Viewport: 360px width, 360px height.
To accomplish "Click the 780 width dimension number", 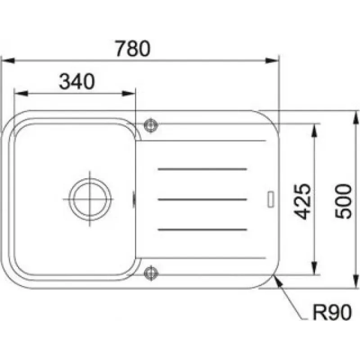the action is [x=133, y=49].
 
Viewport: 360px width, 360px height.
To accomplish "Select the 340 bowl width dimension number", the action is [x=76, y=81].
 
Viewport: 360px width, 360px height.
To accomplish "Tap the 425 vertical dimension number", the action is [x=302, y=202].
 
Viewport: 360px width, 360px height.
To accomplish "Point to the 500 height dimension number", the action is [x=343, y=201].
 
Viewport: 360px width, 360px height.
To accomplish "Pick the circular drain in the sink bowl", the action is [x=90, y=199].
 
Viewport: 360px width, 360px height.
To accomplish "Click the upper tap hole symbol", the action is [x=151, y=125].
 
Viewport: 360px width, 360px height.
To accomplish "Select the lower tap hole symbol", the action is [x=151, y=273].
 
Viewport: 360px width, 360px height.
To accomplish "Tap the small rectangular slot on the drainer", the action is [x=271, y=199].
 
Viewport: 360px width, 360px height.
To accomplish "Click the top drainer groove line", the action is [x=202, y=169].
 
